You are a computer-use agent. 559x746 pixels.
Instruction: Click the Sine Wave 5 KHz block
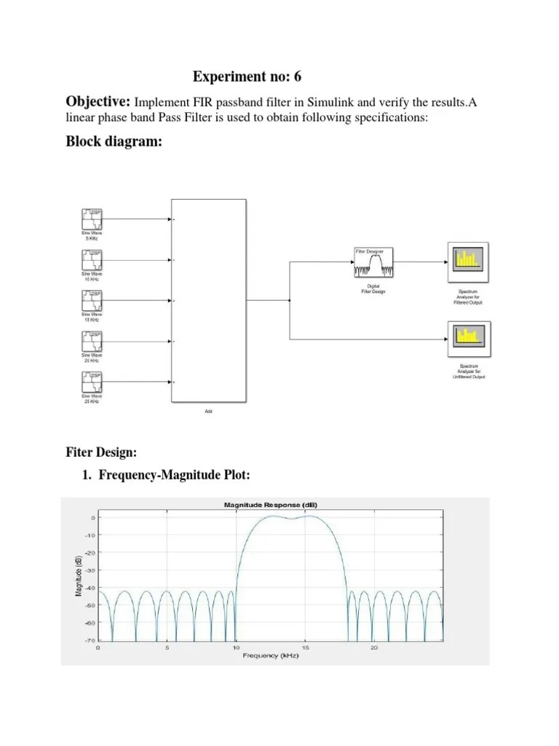(x=92, y=219)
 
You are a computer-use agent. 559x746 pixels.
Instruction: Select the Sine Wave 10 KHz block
(x=92, y=259)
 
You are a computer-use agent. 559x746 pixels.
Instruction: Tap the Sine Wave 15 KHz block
(x=92, y=300)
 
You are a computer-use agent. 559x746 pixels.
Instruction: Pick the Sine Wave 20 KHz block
(x=92, y=342)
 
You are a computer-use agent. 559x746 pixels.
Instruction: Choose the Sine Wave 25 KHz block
(x=92, y=382)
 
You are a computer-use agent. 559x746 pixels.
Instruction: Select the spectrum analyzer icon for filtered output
(x=468, y=262)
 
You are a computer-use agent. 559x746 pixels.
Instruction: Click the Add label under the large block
(x=207, y=412)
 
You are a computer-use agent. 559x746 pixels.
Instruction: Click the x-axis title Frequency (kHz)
(x=271, y=656)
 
